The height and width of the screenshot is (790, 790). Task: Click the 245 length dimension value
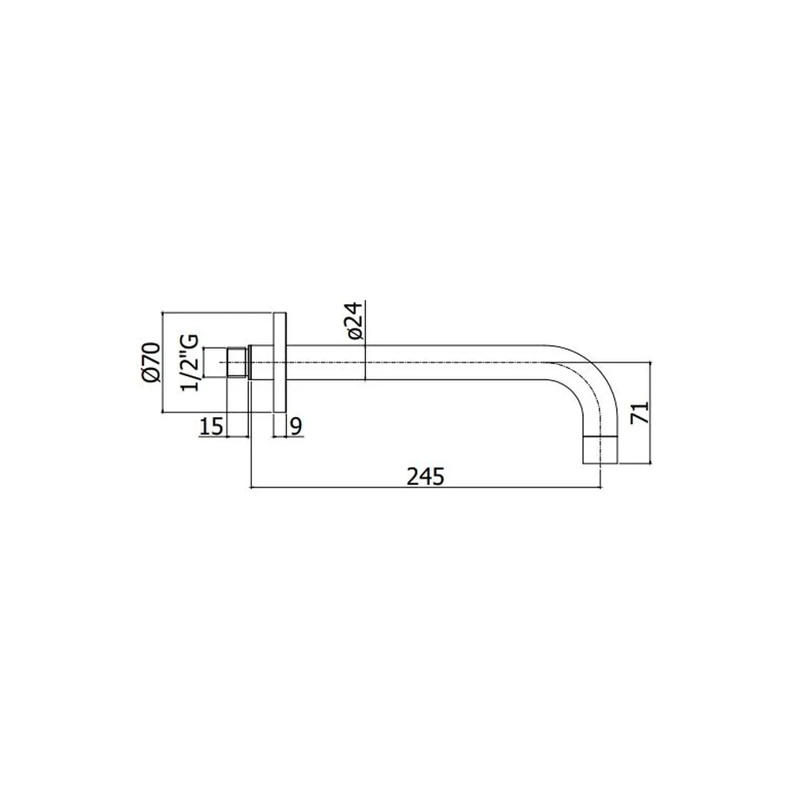coord(426,476)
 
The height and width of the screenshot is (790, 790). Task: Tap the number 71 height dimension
coord(641,412)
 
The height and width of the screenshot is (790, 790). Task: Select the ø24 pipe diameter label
coord(355,321)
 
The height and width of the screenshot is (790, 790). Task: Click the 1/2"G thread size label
coord(191,362)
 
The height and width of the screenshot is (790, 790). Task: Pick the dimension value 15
coord(212,427)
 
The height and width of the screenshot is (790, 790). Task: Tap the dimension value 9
coord(296,427)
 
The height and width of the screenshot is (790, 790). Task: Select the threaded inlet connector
coord(238,363)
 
